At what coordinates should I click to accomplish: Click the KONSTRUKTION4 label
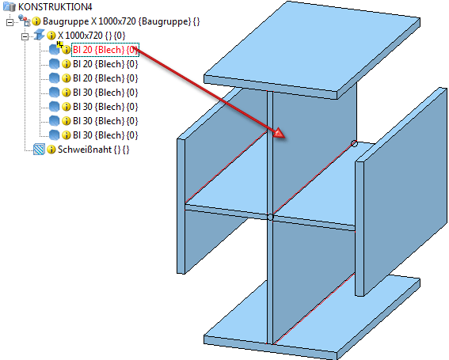(55, 6)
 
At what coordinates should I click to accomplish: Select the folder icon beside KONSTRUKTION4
(10, 6)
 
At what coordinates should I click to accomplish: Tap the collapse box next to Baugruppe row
(10, 22)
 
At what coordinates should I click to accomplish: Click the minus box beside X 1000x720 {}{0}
(25, 36)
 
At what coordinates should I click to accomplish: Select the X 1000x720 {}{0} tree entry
(92, 36)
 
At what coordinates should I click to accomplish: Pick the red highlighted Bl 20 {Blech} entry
(105, 50)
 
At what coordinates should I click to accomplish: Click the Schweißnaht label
(85, 150)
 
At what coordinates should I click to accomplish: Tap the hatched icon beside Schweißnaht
(39, 150)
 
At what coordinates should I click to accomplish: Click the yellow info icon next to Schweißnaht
(51, 150)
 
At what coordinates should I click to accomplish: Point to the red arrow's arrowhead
(280, 134)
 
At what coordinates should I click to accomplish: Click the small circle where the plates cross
(270, 217)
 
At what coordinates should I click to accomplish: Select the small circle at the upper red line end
(354, 143)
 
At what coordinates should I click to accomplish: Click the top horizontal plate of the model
(312, 48)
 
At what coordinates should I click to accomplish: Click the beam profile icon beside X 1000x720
(40, 36)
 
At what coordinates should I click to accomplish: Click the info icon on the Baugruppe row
(36, 21)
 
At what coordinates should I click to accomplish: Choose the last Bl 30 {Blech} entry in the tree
(105, 135)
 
